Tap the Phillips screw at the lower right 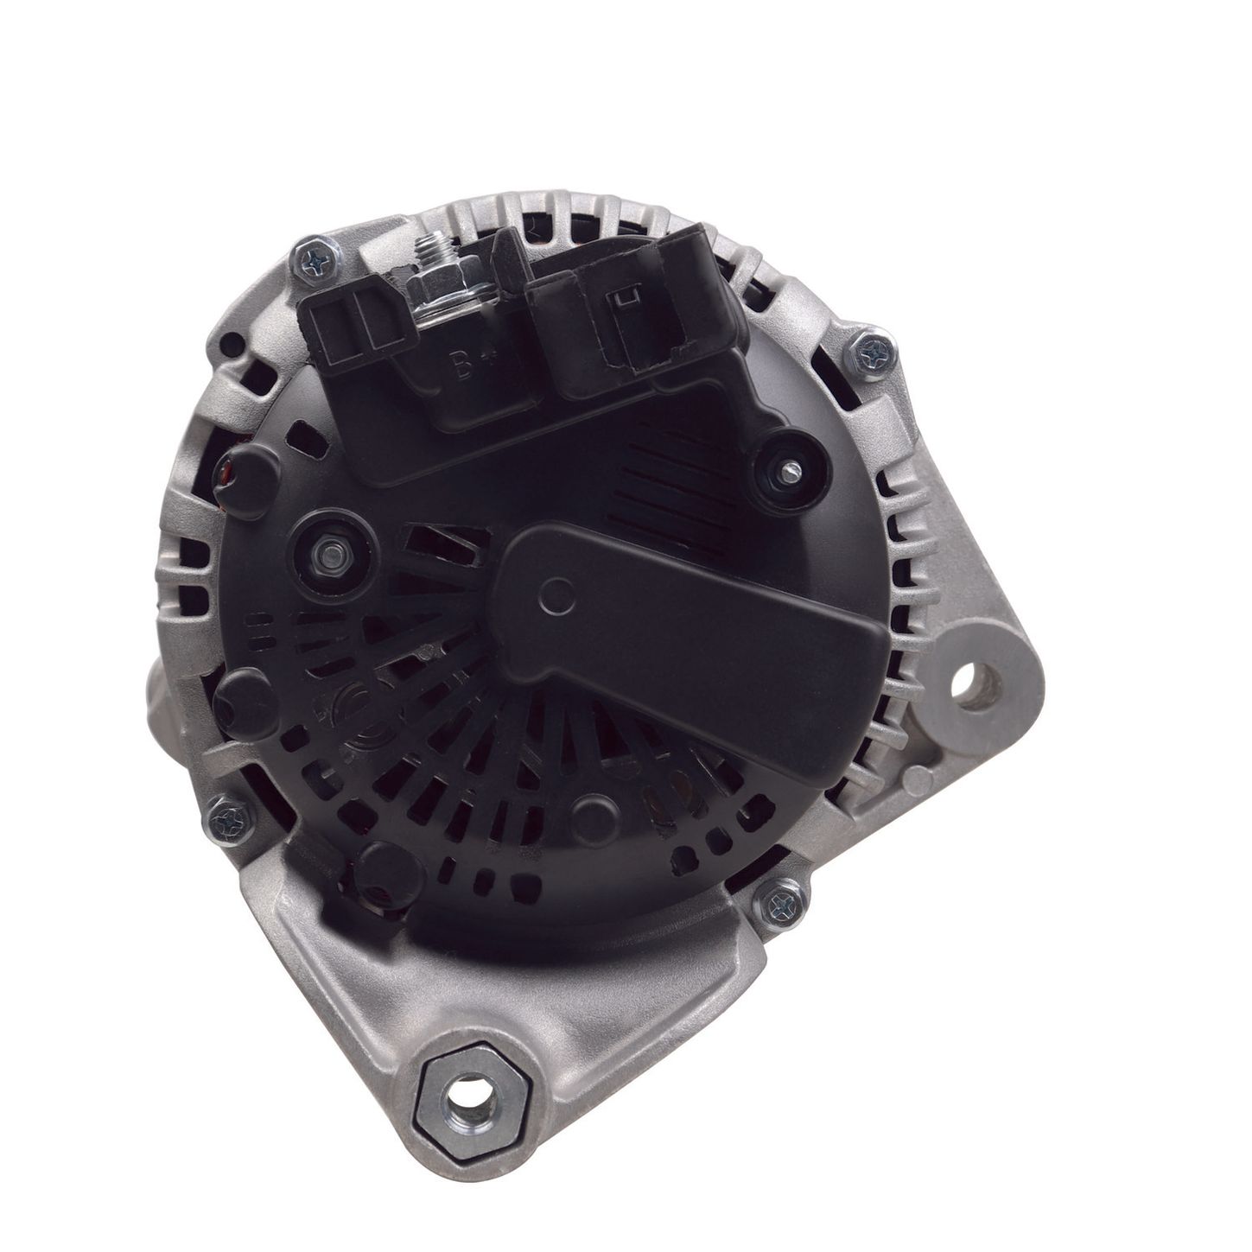tap(781, 902)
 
